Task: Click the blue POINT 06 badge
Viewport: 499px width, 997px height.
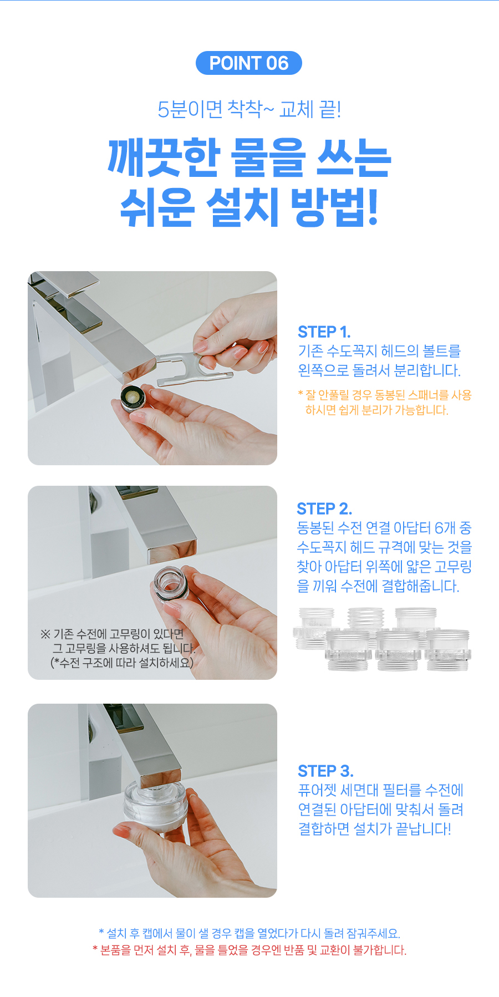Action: coord(249,63)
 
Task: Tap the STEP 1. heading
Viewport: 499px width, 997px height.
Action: coord(324,332)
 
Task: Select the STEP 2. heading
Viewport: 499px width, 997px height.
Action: coord(324,509)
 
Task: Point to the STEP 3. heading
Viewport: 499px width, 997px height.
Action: coord(325,771)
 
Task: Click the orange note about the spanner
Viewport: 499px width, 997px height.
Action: coord(385,403)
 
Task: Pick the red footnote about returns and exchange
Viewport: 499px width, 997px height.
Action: coord(249,950)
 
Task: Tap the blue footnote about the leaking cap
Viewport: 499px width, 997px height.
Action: coord(249,934)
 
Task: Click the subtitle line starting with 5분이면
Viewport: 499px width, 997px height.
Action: coord(249,109)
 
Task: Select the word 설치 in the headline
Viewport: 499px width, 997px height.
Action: coord(242,207)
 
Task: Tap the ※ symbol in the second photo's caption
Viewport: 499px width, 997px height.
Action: coord(45,634)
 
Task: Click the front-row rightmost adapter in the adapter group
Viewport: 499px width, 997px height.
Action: coord(449,650)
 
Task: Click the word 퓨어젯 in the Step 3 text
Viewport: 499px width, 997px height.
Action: coord(317,791)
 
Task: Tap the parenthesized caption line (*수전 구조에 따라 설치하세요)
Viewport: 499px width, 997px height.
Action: coord(122,663)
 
